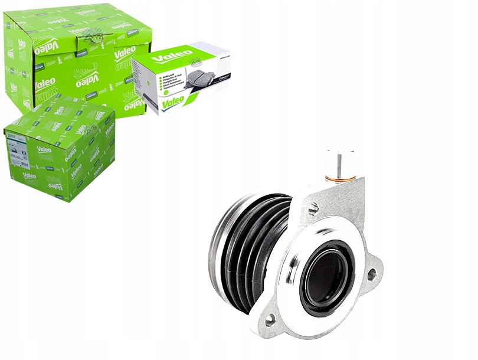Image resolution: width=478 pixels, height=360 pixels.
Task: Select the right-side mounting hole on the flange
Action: pyautogui.click(x=371, y=274)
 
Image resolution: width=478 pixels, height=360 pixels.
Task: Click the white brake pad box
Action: pyautogui.click(x=183, y=77)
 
